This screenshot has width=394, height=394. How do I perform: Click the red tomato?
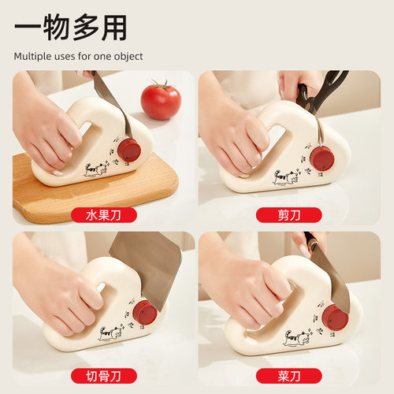click(161, 100)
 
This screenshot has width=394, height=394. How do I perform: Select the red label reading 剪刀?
click(289, 214)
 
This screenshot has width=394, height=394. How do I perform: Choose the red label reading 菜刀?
click(289, 375)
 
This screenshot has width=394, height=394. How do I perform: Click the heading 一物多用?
click(71, 28)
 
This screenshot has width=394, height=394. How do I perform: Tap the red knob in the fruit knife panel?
click(128, 150)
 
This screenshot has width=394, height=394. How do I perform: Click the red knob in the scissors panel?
click(322, 158)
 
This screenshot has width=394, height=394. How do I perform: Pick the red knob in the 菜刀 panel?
click(336, 318)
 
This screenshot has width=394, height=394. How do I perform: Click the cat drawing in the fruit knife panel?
click(96, 169)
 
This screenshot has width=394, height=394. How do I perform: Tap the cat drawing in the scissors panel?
click(285, 176)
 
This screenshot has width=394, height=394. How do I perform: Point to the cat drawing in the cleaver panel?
click(111, 333)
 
